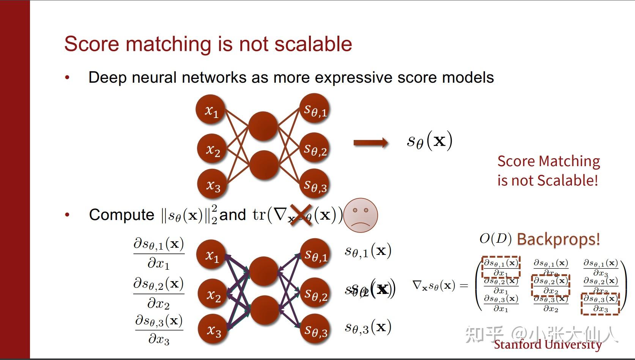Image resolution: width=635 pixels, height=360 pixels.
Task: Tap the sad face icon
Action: (361, 215)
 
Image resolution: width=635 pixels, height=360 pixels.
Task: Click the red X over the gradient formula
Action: (301, 215)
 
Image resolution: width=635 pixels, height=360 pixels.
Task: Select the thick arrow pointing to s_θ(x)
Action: (370, 143)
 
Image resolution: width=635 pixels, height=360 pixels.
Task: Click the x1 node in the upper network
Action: (211, 110)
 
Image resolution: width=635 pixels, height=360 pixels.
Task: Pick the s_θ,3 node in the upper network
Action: (315, 186)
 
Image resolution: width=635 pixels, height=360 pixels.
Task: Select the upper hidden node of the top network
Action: (263, 126)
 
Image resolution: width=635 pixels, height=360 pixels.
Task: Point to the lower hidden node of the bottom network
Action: (265, 310)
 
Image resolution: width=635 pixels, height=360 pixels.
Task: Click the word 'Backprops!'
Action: (558, 239)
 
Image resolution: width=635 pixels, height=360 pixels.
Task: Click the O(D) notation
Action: (495, 239)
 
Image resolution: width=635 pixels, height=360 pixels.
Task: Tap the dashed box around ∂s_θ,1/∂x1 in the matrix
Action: (501, 267)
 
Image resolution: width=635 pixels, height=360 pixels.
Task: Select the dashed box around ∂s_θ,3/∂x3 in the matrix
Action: (600, 303)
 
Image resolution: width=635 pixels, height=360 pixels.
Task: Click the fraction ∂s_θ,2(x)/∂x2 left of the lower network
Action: (158, 293)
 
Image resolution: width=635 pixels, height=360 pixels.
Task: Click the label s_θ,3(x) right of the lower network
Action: (367, 327)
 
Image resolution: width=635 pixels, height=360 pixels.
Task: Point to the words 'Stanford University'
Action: (547, 344)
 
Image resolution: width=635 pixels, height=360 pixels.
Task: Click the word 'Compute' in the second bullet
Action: (121, 215)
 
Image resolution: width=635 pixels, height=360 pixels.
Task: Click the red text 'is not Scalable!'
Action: (547, 180)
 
